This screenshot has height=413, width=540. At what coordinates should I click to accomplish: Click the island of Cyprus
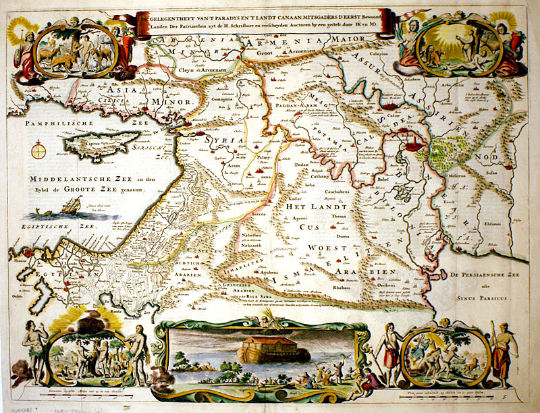click(88, 144)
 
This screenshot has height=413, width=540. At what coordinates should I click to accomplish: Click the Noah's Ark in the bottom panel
click(264, 346)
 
